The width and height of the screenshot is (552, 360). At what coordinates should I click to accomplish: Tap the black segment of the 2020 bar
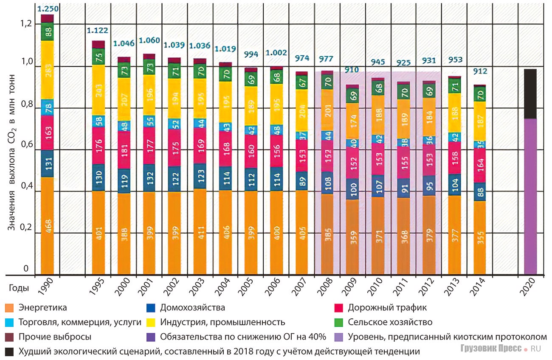(x=530, y=94)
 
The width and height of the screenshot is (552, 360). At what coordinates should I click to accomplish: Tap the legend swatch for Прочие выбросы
(x=9, y=337)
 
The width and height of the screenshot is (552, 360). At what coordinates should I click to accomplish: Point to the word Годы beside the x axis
(x=19, y=288)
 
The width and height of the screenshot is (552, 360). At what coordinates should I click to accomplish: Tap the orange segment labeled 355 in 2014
(x=479, y=238)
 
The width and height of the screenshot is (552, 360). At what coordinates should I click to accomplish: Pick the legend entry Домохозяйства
(x=192, y=308)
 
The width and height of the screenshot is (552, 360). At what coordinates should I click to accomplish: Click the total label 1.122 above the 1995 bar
(x=98, y=30)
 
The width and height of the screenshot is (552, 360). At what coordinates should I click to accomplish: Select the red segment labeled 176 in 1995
(x=98, y=146)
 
